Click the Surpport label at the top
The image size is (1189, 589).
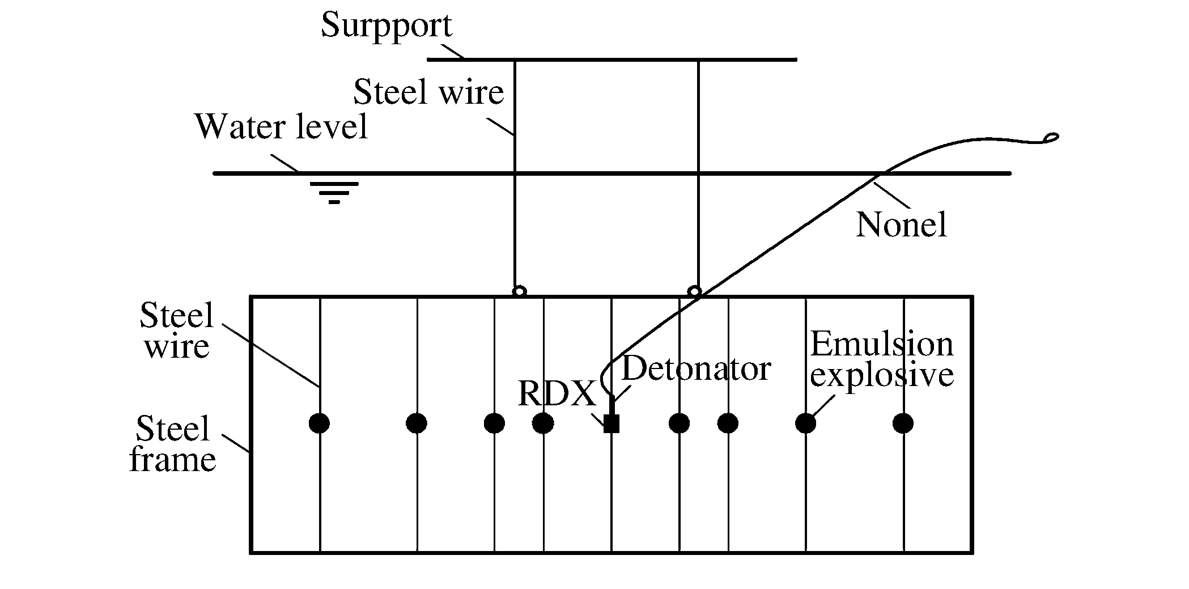(387, 26)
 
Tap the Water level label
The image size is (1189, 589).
(281, 126)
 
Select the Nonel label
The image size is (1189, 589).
(901, 224)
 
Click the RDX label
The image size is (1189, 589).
(557, 393)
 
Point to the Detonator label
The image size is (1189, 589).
(696, 368)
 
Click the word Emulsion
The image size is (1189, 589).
(882, 344)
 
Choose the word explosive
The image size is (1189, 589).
(882, 375)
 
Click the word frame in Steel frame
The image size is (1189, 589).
(173, 459)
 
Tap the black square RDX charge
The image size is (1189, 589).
(612, 423)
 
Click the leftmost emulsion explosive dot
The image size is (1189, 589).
(320, 423)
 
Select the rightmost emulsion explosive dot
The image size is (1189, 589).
(903, 423)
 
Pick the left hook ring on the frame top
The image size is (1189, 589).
(519, 291)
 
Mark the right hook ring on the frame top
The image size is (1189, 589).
(694, 291)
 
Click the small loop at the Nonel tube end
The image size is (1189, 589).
(1050, 137)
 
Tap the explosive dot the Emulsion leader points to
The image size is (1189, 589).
(805, 423)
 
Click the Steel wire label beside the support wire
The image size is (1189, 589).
(428, 92)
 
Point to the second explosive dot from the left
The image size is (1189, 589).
(417, 423)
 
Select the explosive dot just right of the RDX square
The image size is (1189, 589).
(679, 423)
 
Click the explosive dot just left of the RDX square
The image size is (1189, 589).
(543, 423)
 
